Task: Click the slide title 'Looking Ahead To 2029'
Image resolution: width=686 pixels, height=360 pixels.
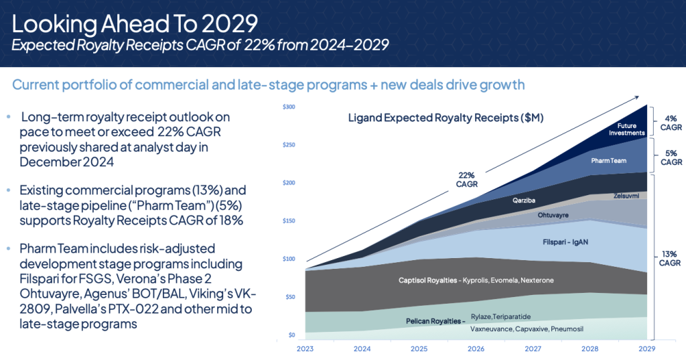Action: tap(135, 23)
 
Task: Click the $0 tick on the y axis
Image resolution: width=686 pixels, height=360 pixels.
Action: tap(291, 335)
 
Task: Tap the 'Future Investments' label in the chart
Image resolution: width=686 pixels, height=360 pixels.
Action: tap(626, 129)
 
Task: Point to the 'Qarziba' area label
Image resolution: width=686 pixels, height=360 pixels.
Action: tap(515, 200)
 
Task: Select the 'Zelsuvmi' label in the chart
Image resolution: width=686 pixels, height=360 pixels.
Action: tap(626, 196)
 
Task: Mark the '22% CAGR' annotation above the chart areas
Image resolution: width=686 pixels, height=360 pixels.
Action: tap(467, 180)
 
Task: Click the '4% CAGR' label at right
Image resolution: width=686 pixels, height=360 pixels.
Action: tap(671, 123)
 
